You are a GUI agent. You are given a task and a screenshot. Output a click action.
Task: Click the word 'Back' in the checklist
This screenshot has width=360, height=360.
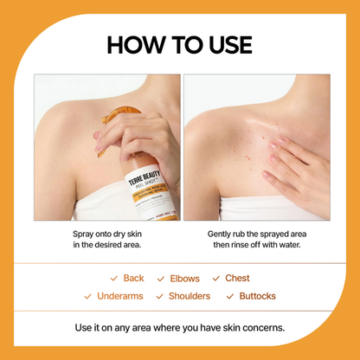pyautogui.click(x=133, y=279)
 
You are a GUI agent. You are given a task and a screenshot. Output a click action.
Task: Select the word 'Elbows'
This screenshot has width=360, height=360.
pyautogui.click(x=183, y=279)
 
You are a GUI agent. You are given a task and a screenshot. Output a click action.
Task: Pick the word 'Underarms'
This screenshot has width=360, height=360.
pyautogui.click(x=119, y=296)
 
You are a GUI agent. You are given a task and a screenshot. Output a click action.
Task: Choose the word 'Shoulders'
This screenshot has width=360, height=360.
pyautogui.click(x=189, y=296)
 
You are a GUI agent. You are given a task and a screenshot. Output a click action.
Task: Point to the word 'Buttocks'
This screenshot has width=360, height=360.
pyautogui.click(x=257, y=296)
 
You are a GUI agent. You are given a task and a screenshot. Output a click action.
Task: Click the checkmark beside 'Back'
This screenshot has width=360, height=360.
pyautogui.click(x=114, y=279)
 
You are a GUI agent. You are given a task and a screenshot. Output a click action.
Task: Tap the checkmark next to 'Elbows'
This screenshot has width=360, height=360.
pyautogui.click(x=161, y=279)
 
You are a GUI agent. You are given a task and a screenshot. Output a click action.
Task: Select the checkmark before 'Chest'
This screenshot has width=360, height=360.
pyautogui.click(x=217, y=279)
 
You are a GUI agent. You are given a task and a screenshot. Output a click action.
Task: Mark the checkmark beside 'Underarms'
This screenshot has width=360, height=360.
pyautogui.click(x=88, y=296)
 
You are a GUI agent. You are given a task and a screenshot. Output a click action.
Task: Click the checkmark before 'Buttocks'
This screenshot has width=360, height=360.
pyautogui.click(x=230, y=296)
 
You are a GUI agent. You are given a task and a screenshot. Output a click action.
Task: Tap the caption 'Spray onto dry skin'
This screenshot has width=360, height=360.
pyautogui.click(x=106, y=234)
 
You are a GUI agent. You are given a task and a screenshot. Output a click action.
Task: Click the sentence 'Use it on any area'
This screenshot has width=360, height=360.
pyautogui.click(x=179, y=328)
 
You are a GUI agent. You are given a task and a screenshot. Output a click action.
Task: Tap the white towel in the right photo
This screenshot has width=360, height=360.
pyautogui.click(x=260, y=209)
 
